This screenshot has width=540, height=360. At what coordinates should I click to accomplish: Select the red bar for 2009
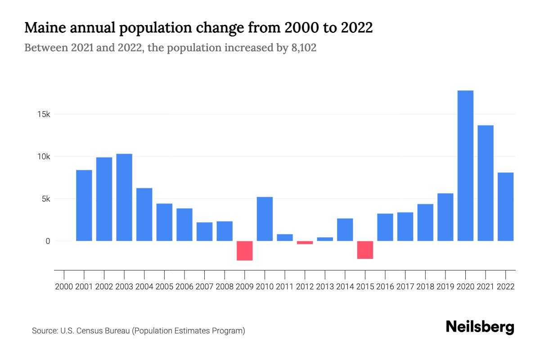245,251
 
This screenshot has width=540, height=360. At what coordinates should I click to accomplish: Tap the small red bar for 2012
305,243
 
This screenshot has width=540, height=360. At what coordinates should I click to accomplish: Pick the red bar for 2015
365,250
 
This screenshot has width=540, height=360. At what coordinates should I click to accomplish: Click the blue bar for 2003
124,197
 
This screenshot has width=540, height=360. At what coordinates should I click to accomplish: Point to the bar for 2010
265,219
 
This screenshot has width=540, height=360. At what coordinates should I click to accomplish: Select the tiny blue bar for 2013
325,239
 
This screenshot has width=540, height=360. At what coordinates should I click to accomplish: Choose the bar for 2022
505,207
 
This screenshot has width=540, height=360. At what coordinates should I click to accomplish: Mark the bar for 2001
84,205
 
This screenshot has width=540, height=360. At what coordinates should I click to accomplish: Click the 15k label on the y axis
44,114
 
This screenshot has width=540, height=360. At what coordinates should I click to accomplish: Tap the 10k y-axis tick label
44,157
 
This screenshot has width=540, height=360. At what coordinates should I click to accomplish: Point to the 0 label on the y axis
47,241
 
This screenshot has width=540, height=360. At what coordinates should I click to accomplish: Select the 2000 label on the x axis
64,287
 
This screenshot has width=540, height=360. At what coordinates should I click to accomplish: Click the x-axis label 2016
385,287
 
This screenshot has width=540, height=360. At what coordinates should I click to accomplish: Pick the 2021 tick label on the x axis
486,287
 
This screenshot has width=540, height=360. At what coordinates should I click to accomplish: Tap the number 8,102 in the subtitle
302,48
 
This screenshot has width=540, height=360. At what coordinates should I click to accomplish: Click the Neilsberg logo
480,327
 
